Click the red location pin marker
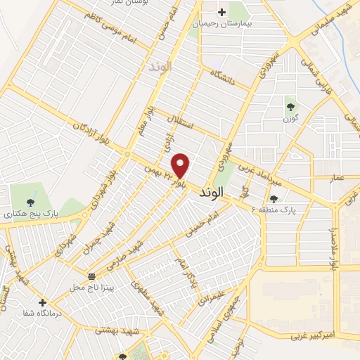181,165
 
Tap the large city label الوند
212,191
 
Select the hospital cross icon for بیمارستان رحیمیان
221,12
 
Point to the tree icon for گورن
290,107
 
